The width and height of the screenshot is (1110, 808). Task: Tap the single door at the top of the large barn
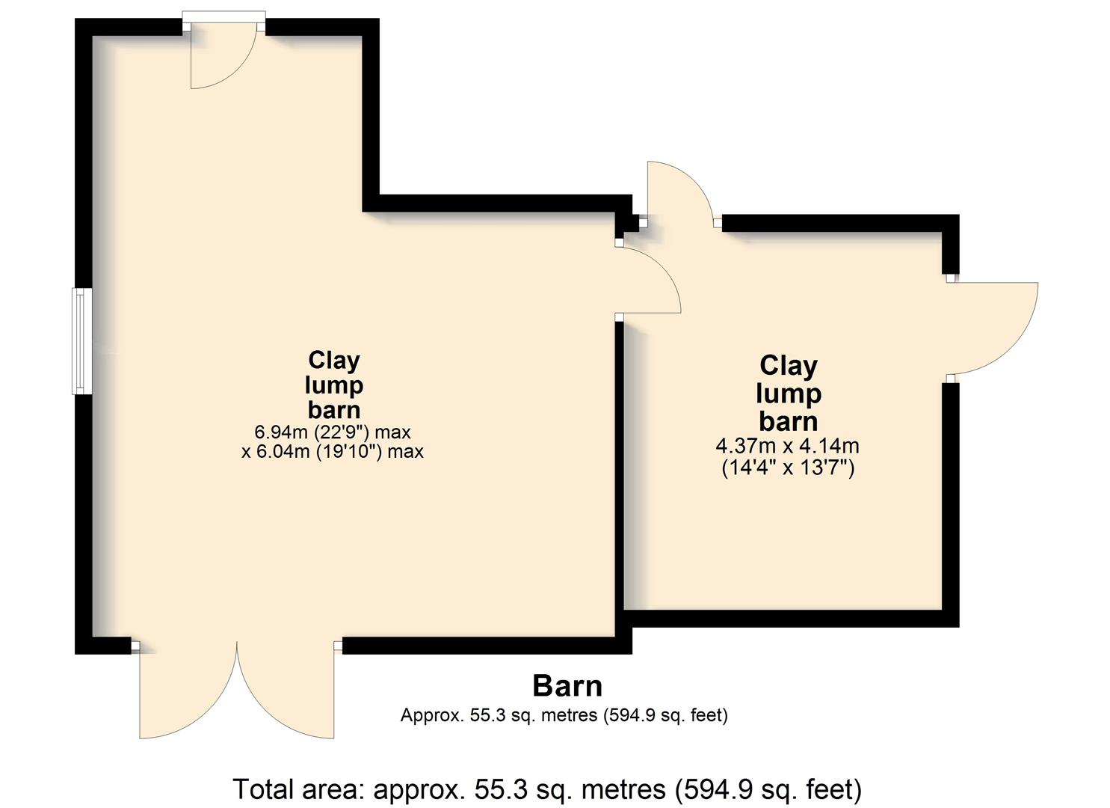pos(223,55)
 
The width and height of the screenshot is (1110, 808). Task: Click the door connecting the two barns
pos(649,281)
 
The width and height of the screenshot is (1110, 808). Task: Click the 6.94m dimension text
pos(281,432)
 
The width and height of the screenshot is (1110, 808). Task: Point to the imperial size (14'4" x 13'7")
pos(788,468)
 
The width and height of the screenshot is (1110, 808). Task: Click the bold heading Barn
pos(567,686)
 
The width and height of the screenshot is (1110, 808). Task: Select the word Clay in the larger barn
pos(334,361)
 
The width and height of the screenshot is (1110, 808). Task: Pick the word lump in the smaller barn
pos(789,394)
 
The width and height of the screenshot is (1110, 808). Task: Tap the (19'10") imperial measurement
pos(350,452)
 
